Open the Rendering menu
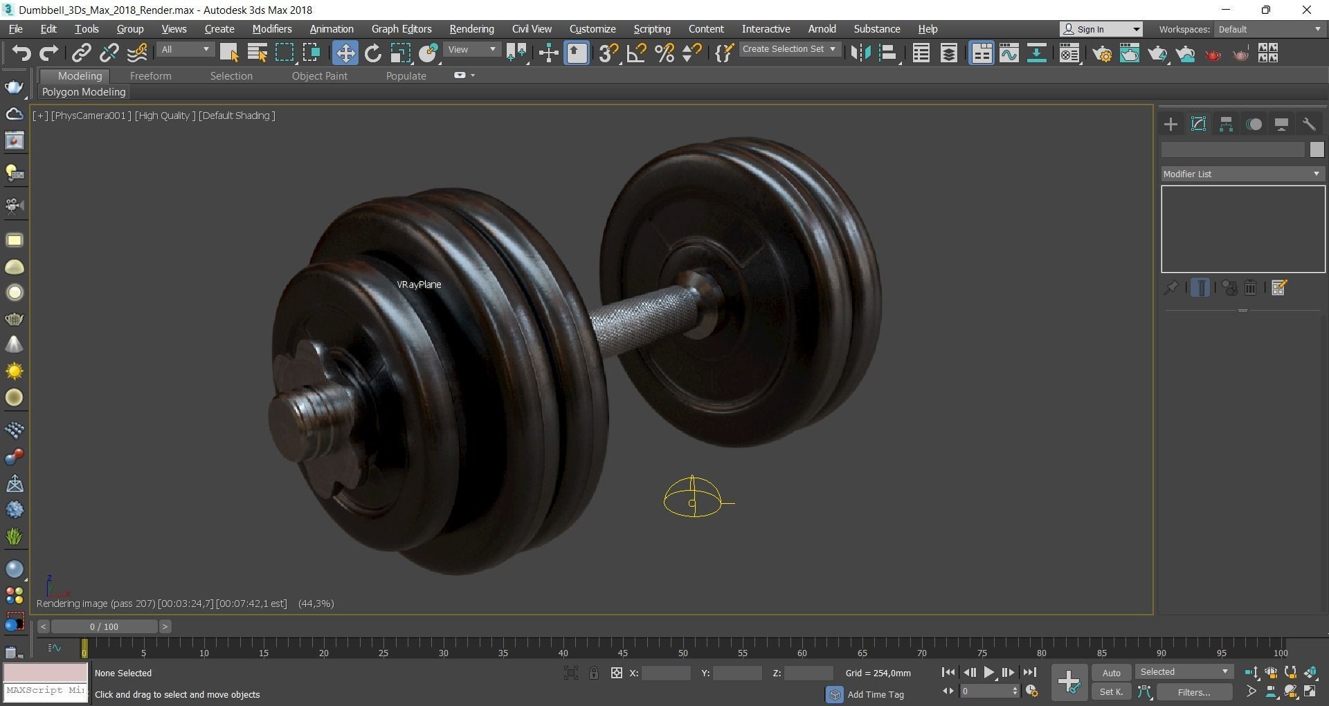[471, 29]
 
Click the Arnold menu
[822, 29]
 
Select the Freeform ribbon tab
[150, 76]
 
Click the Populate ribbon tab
[406, 76]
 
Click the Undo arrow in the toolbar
[21, 53]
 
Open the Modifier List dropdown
[1242, 174]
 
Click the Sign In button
[1101, 29]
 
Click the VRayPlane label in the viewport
[419, 284]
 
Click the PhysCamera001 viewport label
[91, 116]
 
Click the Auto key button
[1111, 673]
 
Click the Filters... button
[1193, 692]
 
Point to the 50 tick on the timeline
[683, 653]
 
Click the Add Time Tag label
[875, 694]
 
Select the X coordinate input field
[665, 673]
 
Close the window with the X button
[1306, 10]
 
